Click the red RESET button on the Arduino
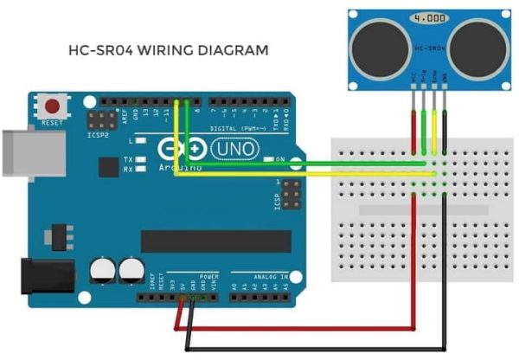[53, 107]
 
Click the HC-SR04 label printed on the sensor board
[428, 49]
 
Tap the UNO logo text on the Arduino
[234, 150]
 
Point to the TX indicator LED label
[127, 159]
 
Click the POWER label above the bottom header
[208, 278]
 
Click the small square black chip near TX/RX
[110, 166]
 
